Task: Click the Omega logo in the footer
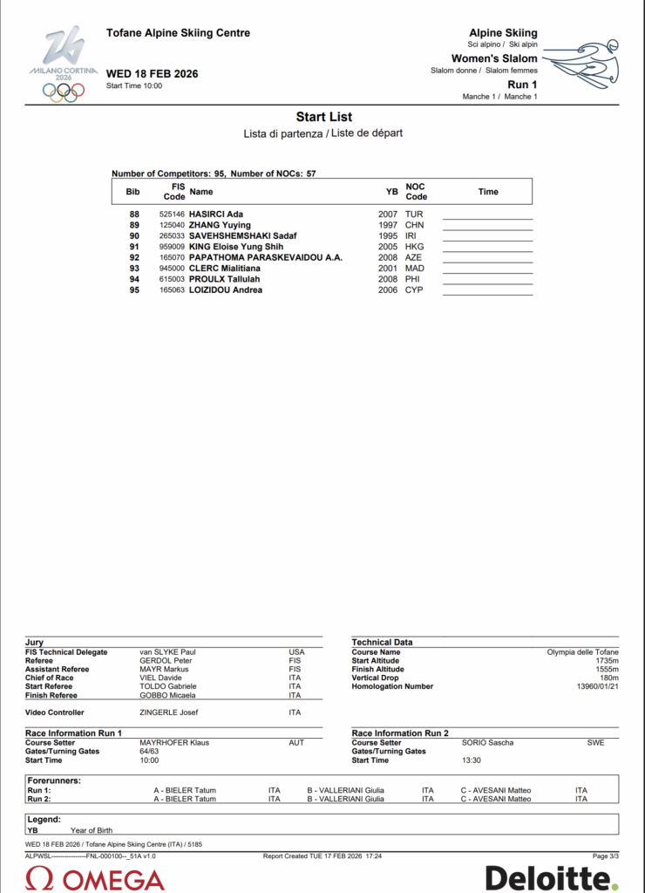click(96, 877)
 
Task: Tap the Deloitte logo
click(551, 877)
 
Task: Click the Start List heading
click(323, 117)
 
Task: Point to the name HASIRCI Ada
click(216, 215)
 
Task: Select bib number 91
click(134, 247)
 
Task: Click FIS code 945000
click(172, 269)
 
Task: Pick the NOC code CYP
click(413, 290)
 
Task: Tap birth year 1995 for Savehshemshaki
click(388, 236)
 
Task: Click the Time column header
click(488, 192)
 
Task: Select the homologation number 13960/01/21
click(597, 687)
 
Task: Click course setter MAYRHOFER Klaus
click(174, 743)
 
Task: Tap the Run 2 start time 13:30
click(472, 760)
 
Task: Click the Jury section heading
click(35, 642)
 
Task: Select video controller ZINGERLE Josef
click(169, 712)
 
